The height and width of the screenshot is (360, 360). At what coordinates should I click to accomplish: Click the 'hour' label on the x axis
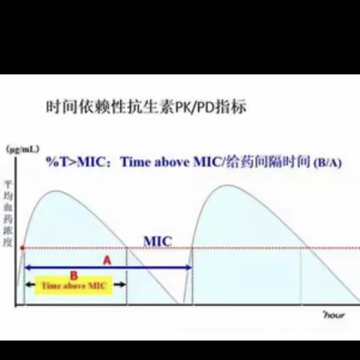(x=333, y=316)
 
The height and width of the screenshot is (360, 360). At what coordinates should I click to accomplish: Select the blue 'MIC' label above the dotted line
(x=157, y=241)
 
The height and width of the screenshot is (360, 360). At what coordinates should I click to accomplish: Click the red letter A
(x=106, y=259)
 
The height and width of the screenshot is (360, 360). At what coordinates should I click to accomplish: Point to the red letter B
(x=73, y=275)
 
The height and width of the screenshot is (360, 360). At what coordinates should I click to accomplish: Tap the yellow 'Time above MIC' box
(x=74, y=286)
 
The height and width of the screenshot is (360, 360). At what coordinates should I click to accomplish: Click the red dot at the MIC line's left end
(x=22, y=247)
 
